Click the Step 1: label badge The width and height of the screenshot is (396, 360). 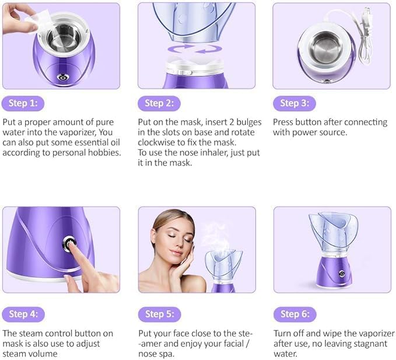(23, 104)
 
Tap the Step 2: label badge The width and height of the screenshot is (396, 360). (159, 104)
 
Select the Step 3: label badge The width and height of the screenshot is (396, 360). (294, 104)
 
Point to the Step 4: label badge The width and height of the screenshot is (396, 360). (23, 314)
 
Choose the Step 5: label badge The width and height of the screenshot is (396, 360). (159, 314)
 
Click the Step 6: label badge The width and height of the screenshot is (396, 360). (294, 314)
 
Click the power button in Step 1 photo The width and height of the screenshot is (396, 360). (62, 76)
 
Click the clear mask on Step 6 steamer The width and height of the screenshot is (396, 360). (332, 230)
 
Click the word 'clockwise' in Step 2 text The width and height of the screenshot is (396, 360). (160, 142)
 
